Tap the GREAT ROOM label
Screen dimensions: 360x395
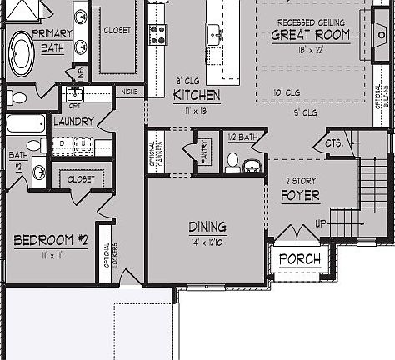311,34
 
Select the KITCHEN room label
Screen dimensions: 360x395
197,95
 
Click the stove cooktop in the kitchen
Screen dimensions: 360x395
157,33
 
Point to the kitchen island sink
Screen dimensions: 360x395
214,33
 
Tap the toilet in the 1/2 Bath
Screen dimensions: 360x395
232,160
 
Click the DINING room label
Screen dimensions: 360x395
207,227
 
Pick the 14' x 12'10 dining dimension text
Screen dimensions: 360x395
207,242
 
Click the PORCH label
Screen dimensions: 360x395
299,258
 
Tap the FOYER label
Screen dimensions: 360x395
301,196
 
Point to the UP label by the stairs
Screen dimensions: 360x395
320,224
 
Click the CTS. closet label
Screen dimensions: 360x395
323,144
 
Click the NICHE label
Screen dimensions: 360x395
129,92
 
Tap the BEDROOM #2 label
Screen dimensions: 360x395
52,240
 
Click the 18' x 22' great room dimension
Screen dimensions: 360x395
310,49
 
